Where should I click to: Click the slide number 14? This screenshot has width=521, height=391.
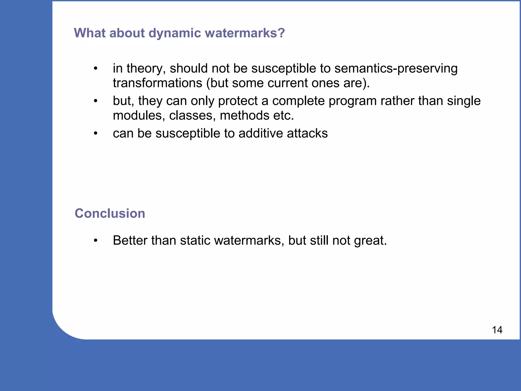(497, 330)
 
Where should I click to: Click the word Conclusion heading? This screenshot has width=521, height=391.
(110, 213)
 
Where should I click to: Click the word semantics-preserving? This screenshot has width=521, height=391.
(396, 69)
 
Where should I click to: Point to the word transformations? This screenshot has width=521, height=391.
(157, 83)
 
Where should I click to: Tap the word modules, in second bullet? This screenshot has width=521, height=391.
(139, 116)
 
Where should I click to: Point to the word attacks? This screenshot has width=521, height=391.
(307, 133)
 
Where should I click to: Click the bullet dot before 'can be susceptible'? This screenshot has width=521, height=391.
(95, 133)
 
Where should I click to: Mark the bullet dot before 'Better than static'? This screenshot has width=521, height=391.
(95, 241)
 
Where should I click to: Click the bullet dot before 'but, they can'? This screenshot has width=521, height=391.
(95, 101)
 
